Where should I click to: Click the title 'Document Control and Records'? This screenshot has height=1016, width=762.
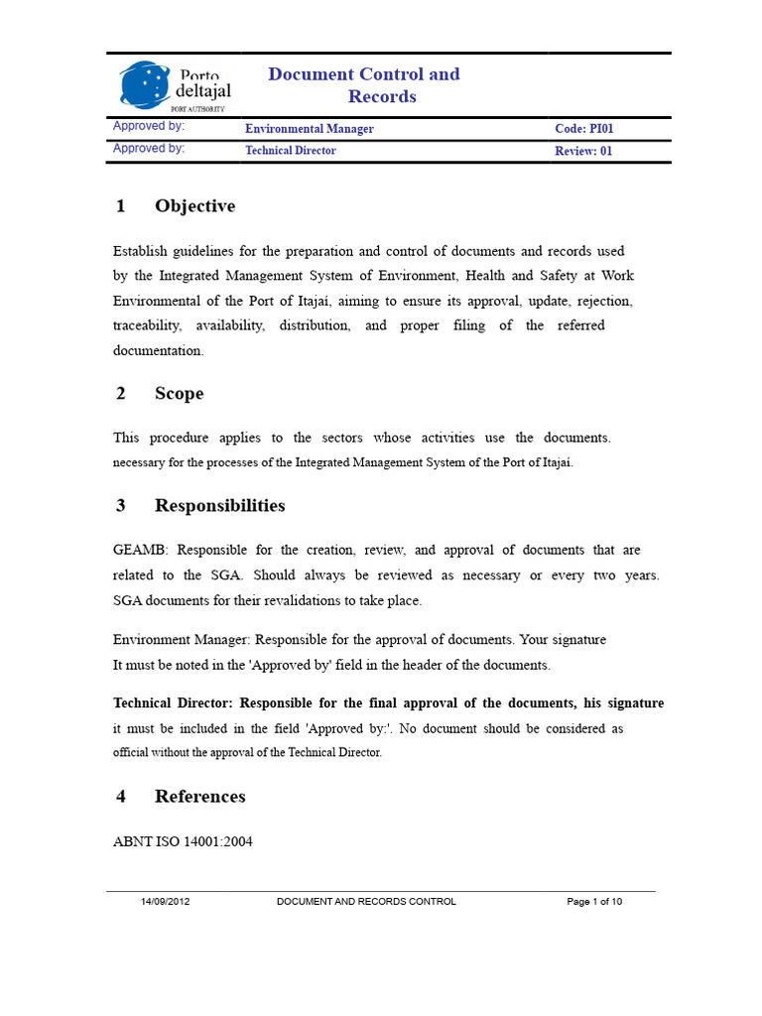pos(364,85)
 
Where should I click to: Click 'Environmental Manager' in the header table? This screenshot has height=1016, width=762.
pos(310,129)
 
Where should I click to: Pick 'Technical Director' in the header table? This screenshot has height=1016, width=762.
pos(291,151)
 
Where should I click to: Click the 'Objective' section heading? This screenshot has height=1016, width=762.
pos(194,206)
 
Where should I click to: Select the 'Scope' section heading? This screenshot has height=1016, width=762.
pos(179,394)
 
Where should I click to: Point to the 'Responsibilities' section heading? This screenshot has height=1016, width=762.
pos(219,506)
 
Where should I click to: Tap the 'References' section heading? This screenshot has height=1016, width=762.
pos(199,797)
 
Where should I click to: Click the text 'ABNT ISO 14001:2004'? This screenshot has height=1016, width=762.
pos(184,841)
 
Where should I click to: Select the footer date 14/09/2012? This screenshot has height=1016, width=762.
pos(166,902)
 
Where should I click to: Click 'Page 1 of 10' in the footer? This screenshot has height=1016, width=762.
pos(594,902)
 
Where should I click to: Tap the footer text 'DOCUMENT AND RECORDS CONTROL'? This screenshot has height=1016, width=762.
pos(366,902)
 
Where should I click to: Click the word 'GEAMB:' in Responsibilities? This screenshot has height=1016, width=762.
pos(141,550)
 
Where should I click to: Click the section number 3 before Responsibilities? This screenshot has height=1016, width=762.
pos(121,506)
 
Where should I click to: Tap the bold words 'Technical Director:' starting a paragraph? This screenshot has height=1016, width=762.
pos(174,703)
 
